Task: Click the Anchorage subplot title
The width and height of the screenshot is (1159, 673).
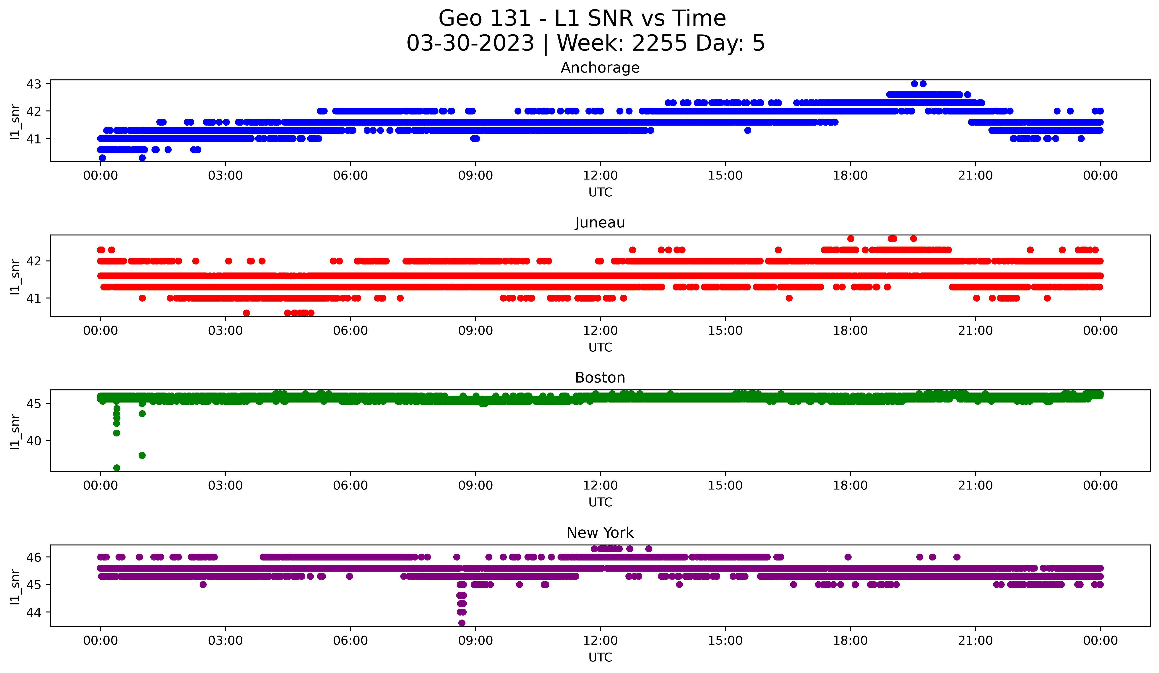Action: [x=600, y=68]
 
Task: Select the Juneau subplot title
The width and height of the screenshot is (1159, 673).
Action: [x=600, y=223]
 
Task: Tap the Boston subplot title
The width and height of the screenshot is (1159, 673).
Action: [x=600, y=378]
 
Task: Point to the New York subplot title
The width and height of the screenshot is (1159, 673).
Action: [x=600, y=533]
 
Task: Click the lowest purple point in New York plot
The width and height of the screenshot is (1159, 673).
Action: [x=462, y=623]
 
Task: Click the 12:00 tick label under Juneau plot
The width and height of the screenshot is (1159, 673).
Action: [x=600, y=330]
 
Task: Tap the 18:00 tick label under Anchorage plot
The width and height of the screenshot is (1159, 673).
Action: [x=850, y=175]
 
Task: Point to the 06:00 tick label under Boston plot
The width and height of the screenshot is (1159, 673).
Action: [x=350, y=485]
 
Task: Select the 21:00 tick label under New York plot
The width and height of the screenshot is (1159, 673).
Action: [x=975, y=640]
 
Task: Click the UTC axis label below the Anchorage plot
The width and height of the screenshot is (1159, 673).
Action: [x=600, y=192]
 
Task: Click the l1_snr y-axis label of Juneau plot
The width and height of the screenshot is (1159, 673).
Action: [x=15, y=276]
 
